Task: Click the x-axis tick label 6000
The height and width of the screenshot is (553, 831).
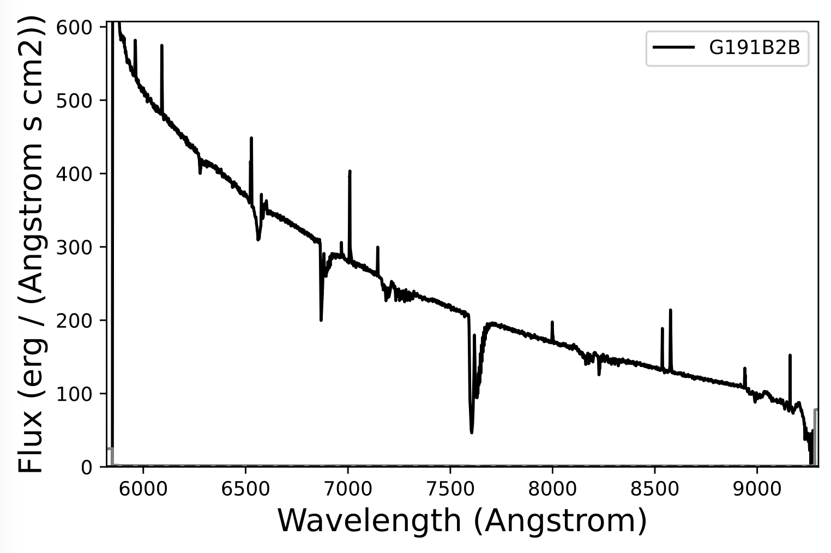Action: point(143,489)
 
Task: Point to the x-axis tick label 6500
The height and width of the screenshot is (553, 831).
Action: point(245,489)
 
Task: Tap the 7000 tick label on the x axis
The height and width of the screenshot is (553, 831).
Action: point(347,489)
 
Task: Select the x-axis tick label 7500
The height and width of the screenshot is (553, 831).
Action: point(450,489)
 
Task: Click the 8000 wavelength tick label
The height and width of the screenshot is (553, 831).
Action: point(552,489)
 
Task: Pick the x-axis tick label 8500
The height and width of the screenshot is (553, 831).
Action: point(654,489)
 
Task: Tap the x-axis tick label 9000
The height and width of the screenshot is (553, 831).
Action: point(757,489)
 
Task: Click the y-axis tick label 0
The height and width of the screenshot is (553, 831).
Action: point(88,467)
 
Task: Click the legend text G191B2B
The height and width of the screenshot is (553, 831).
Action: point(754,48)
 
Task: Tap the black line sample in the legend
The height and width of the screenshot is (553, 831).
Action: point(674,47)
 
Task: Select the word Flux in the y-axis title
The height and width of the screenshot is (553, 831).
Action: point(31,442)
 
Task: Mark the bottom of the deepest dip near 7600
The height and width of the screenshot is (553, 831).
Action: point(472,432)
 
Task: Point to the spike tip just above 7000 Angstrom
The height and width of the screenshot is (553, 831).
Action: point(350,171)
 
